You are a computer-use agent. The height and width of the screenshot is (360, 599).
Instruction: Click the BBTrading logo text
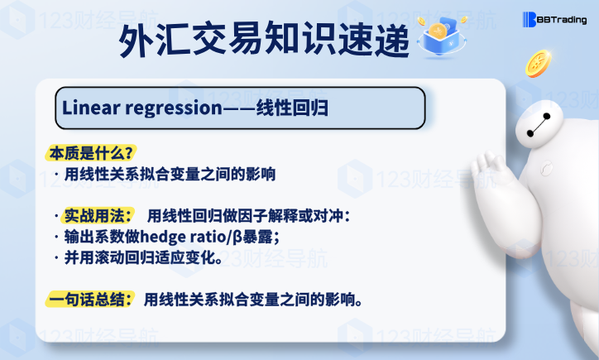[562, 20]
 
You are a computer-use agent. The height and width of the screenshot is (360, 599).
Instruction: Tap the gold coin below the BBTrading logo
[539, 64]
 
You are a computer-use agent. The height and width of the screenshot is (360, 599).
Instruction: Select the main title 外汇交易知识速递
[264, 39]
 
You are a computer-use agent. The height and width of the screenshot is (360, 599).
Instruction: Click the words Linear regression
[142, 108]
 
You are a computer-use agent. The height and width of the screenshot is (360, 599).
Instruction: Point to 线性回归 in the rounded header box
[292, 108]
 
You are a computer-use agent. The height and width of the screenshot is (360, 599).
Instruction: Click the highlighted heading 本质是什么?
[91, 153]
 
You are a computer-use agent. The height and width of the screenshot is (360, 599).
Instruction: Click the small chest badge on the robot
[547, 168]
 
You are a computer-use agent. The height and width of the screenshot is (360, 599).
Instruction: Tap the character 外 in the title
[136, 40]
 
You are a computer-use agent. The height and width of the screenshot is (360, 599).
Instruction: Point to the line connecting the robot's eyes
[539, 125]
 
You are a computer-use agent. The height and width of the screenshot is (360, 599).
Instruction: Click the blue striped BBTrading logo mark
[530, 20]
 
